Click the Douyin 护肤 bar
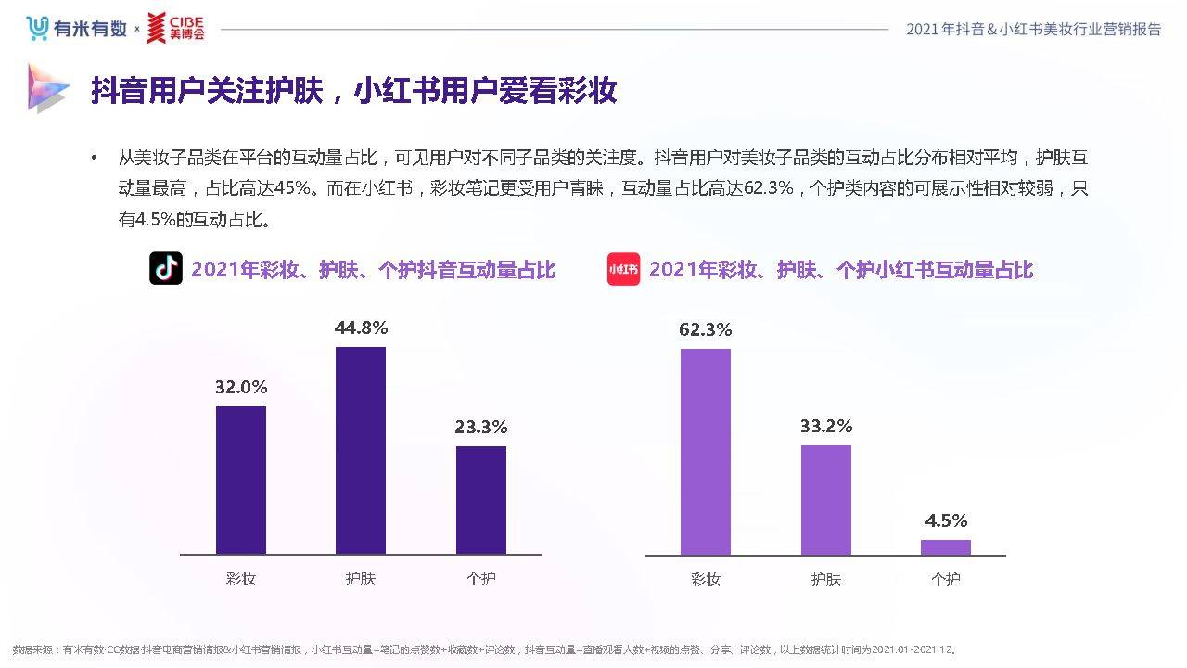pos(360,451)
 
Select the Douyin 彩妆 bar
pos(241,481)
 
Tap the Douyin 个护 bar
pos(481,500)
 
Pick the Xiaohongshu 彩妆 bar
pos(706,452)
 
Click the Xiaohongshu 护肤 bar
pos(826,500)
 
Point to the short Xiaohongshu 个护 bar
pos(946,547)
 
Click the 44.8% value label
pos(361,328)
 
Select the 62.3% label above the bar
pos(706,329)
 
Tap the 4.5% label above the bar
pos(946,520)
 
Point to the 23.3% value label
pos(481,428)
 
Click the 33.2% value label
pos(826,427)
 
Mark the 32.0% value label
pos(241,388)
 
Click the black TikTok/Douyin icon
pos(166,269)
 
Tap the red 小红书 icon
pos(623,269)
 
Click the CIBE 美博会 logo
pos(175,29)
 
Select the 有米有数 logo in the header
pos(76,29)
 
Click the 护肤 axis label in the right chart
pos(826,580)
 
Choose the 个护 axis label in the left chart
pos(481,579)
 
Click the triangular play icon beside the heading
pos(47,88)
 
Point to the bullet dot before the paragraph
pos(94,159)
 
